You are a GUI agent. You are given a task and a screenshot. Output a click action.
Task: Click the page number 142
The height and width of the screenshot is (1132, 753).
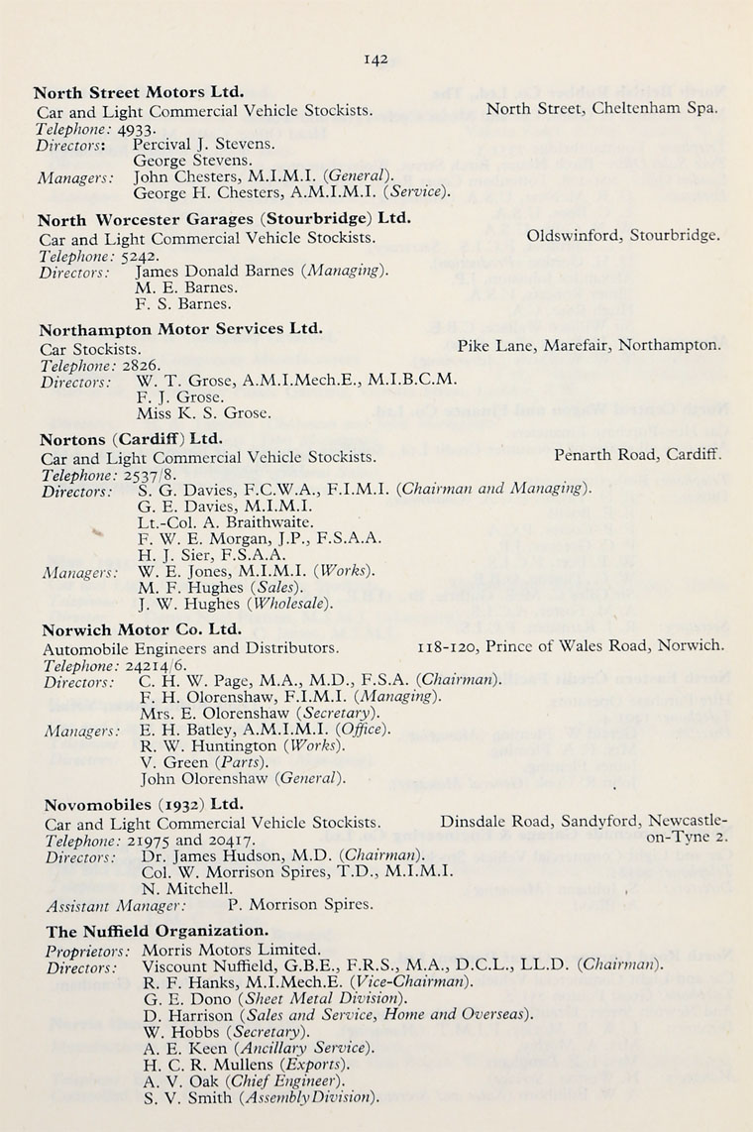tap(376, 58)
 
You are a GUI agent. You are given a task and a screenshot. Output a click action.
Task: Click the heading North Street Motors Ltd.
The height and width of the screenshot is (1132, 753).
tap(140, 92)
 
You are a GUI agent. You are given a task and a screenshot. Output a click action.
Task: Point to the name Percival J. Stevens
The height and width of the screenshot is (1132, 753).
tap(204, 144)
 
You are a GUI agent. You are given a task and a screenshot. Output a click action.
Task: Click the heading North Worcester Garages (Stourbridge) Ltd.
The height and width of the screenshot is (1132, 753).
tap(225, 219)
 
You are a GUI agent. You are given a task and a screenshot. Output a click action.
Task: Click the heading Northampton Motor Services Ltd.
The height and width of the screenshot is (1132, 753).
tap(181, 329)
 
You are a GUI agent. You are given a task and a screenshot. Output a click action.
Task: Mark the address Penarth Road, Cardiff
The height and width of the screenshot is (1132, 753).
tap(637, 456)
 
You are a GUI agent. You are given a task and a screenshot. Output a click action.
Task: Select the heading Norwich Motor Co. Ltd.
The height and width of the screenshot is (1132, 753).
tap(141, 628)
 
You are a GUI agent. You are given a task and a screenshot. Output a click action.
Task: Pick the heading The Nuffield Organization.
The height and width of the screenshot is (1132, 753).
tap(156, 931)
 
